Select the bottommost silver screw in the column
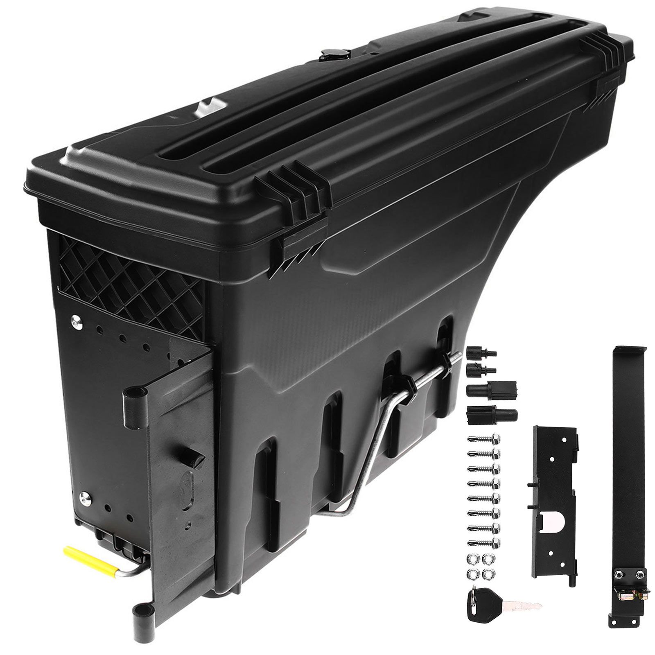483,543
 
